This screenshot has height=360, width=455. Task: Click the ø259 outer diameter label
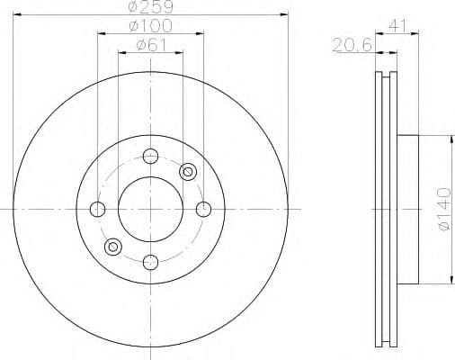[x=151, y=7]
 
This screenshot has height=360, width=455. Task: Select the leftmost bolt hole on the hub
[x=98, y=210]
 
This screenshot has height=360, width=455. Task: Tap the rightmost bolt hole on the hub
[x=204, y=210]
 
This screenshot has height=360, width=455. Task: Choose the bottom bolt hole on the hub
[x=151, y=263]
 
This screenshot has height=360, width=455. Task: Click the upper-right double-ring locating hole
[x=188, y=172]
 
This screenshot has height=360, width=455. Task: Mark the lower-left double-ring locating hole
[x=113, y=247]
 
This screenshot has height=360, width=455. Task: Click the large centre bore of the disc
[x=151, y=210]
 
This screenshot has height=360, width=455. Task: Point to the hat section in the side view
[x=409, y=209]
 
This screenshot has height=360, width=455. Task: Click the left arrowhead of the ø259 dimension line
[x=19, y=16]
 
